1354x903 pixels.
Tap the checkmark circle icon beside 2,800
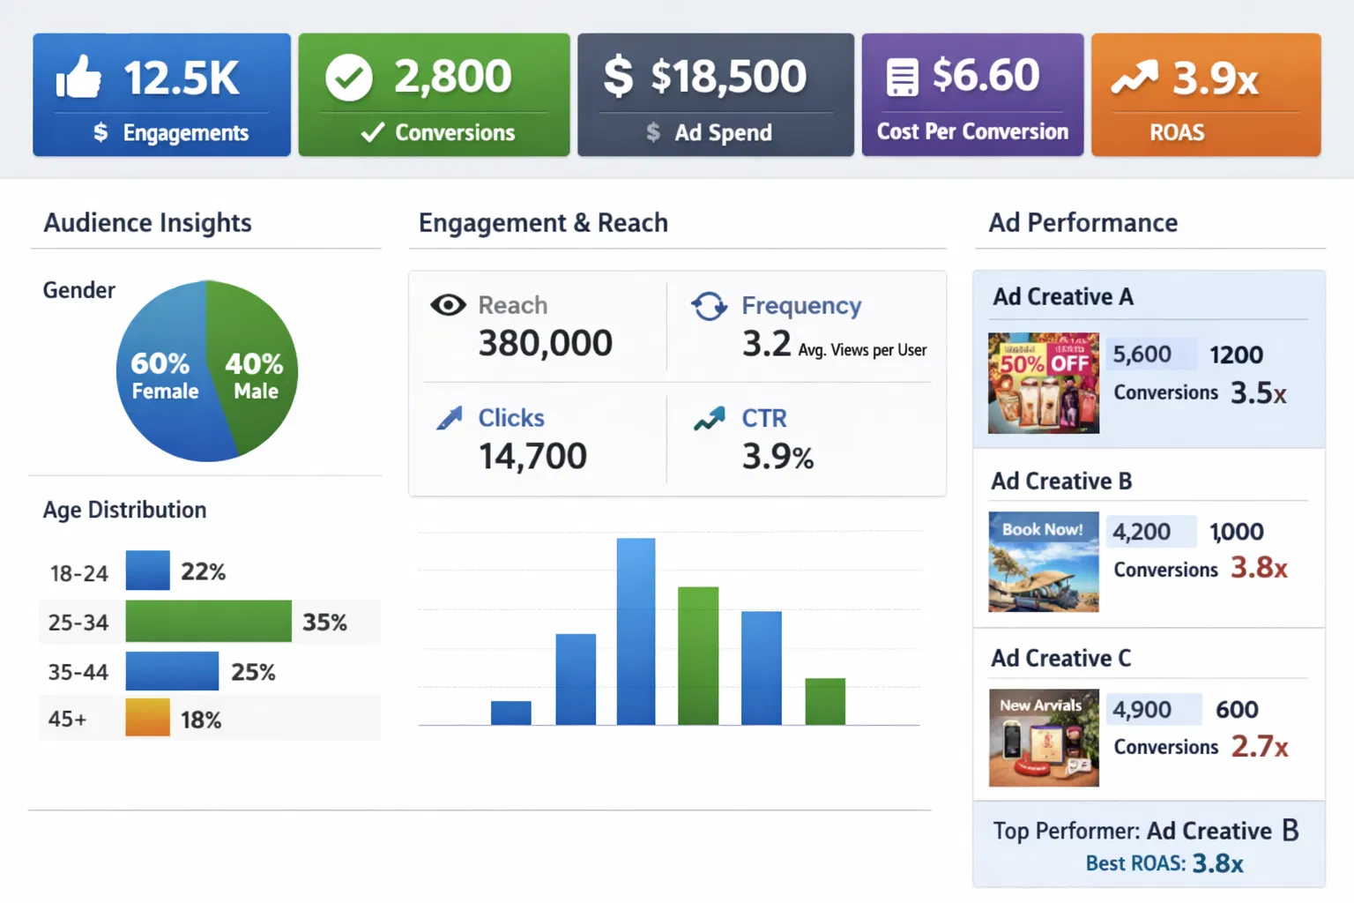pyautogui.click(x=349, y=78)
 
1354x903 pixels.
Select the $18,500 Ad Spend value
pyautogui.click(x=728, y=77)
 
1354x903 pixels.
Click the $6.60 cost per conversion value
pyautogui.click(x=986, y=75)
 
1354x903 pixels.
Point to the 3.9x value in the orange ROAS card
pyautogui.click(x=1215, y=78)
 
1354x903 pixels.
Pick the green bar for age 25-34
pyautogui.click(x=208, y=621)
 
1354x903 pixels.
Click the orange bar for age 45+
pyautogui.click(x=147, y=717)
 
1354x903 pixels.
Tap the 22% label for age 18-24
pyautogui.click(x=203, y=571)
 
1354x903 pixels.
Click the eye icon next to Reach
pyautogui.click(x=448, y=305)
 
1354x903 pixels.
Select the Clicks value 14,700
pyautogui.click(x=532, y=456)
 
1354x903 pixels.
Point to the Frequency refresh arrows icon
pyautogui.click(x=709, y=306)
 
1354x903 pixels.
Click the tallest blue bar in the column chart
pyautogui.click(x=636, y=631)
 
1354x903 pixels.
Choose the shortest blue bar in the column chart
pyautogui.click(x=510, y=713)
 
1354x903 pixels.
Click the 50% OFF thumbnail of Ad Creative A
pyautogui.click(x=1044, y=383)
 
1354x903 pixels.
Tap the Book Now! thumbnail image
pyautogui.click(x=1044, y=562)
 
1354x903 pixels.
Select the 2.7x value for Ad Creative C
pyautogui.click(x=1259, y=746)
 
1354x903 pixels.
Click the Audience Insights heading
pyautogui.click(x=148, y=222)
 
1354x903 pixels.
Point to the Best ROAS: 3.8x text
pyautogui.click(x=1164, y=862)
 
